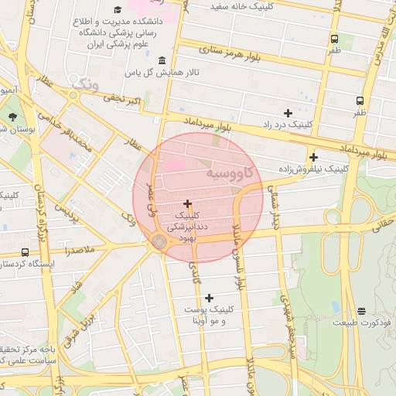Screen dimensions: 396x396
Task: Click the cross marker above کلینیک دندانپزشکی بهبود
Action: [x=187, y=203]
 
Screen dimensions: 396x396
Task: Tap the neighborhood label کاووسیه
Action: [x=236, y=174]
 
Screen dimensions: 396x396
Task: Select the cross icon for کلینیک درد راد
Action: [x=288, y=113]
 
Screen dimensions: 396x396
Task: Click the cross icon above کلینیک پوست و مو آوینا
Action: [x=209, y=298]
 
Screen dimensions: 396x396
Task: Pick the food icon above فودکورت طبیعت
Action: [x=362, y=311]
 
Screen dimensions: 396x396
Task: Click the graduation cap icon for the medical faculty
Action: [x=118, y=10]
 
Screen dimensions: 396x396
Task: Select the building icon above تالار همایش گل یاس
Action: [x=162, y=61]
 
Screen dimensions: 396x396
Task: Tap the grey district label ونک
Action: [x=84, y=83]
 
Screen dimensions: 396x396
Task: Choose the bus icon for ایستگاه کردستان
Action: [x=25, y=252]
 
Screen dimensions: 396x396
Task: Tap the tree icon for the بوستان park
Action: [x=13, y=117]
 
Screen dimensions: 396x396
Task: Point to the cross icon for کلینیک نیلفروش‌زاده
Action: [x=313, y=157]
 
